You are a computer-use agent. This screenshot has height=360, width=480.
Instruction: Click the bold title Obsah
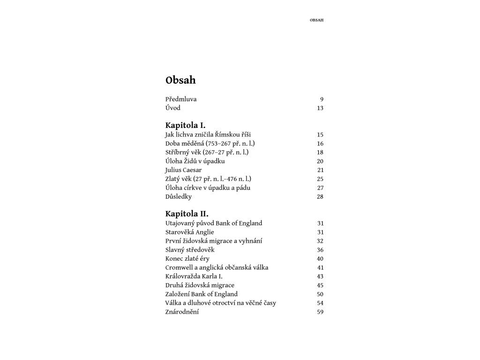click(180, 80)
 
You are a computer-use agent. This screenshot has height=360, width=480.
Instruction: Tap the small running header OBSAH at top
click(317, 20)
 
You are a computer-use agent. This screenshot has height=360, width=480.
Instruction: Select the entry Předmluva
click(181, 99)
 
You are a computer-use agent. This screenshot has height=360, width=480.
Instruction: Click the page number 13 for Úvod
click(320, 108)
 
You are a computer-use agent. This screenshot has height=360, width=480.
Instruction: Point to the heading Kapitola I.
click(185, 126)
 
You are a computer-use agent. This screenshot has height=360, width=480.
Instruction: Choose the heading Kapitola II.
click(187, 214)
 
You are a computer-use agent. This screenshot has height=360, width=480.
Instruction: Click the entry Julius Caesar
click(183, 170)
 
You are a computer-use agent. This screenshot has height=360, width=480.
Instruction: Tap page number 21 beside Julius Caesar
click(321, 170)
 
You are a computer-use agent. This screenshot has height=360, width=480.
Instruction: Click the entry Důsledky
click(179, 197)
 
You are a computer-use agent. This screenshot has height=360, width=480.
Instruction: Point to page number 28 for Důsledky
click(320, 197)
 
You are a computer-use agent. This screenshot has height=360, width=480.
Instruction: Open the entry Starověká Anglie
click(190, 232)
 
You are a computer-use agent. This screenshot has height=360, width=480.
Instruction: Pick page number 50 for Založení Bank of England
click(320, 294)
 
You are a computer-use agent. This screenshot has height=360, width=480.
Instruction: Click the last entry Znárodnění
click(182, 312)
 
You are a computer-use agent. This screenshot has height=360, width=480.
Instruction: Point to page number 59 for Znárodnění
click(320, 312)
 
